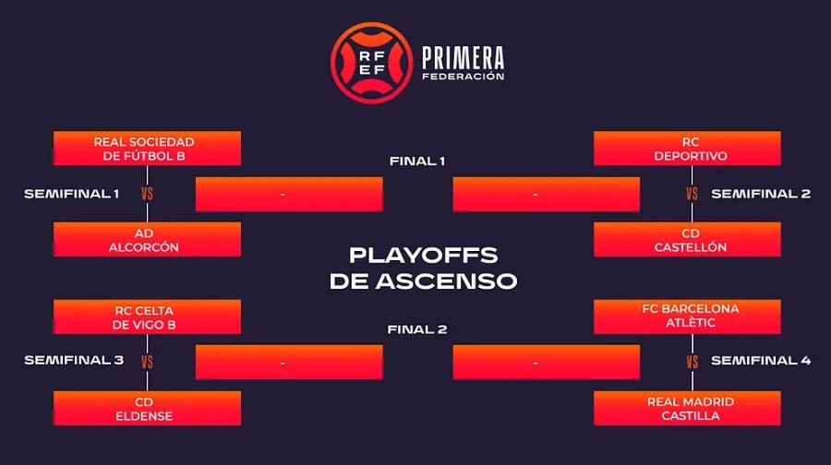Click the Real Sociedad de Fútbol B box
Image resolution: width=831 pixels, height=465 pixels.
tap(148, 149)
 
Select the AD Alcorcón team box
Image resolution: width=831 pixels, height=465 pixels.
tap(148, 239)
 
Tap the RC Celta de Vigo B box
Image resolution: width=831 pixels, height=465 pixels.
tap(148, 316)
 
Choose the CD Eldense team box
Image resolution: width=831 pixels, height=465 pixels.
tap(148, 409)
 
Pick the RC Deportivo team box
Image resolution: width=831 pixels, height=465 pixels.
tap(687, 149)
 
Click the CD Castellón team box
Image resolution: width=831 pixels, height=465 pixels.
tap(687, 239)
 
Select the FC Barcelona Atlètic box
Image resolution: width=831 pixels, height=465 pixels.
tap(687, 316)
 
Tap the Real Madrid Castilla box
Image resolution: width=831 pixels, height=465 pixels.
tap(687, 409)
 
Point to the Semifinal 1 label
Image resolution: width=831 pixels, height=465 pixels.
tap(71, 194)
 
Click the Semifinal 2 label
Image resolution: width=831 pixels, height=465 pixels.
tap(761, 194)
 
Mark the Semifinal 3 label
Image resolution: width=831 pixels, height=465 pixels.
tap(74, 360)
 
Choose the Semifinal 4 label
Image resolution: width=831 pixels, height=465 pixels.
tap(761, 360)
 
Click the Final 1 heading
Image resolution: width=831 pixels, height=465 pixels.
tap(417, 161)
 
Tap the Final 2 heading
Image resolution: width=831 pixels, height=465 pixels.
tap(417, 329)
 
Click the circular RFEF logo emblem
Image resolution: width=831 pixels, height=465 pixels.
tap(371, 63)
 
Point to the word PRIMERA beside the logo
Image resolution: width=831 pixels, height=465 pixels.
tap(464, 58)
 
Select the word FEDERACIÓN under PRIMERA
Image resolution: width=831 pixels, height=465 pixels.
tap(464, 77)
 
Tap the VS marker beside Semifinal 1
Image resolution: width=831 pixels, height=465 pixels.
tap(148, 194)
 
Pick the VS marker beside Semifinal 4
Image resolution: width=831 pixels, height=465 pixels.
tap(692, 362)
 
